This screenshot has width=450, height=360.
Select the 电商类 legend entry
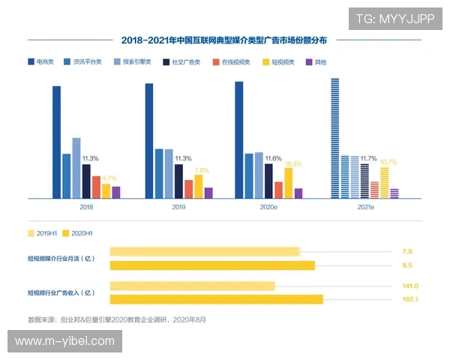(x=39, y=61)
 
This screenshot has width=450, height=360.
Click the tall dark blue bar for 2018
(x=56, y=142)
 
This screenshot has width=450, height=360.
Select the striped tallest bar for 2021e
(x=334, y=139)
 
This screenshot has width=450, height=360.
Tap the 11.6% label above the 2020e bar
(x=273, y=159)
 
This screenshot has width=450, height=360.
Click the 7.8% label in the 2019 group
(x=202, y=170)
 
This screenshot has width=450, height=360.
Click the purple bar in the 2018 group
(x=115, y=192)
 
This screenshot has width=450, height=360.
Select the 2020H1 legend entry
(x=77, y=233)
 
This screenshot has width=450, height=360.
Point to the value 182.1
(x=410, y=299)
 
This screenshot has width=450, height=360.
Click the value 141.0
(x=410, y=286)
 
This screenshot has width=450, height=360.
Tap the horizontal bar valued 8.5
(x=212, y=265)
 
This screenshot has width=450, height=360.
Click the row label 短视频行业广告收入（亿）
(x=61, y=292)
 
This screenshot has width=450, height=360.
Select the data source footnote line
(x=116, y=319)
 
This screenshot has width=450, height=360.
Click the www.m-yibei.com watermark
(x=65, y=341)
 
